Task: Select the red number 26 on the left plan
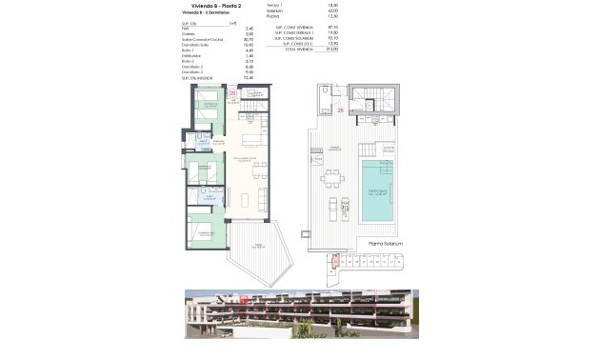(231, 93)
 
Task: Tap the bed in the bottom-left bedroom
(203, 230)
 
